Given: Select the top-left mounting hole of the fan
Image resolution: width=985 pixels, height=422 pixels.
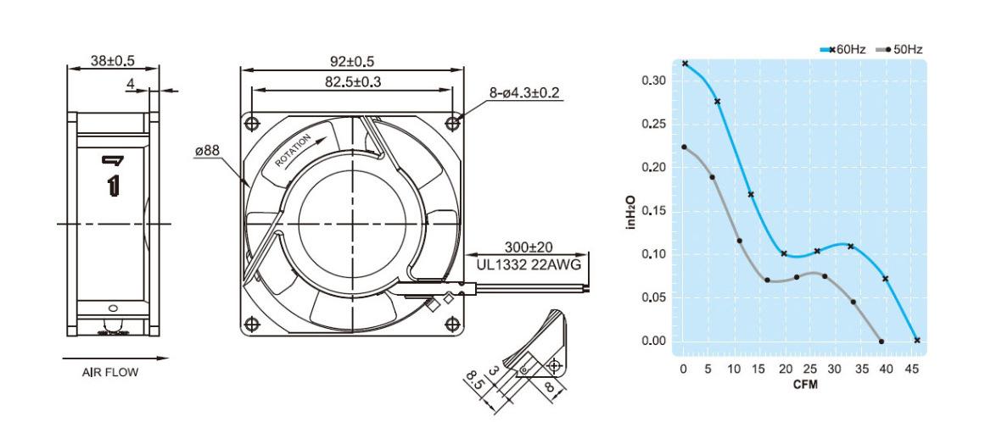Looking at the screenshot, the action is click(252, 123).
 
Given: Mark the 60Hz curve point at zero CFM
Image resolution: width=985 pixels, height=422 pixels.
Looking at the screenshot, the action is click(685, 64).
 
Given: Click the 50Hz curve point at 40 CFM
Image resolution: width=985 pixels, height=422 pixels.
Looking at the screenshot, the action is click(882, 341).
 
